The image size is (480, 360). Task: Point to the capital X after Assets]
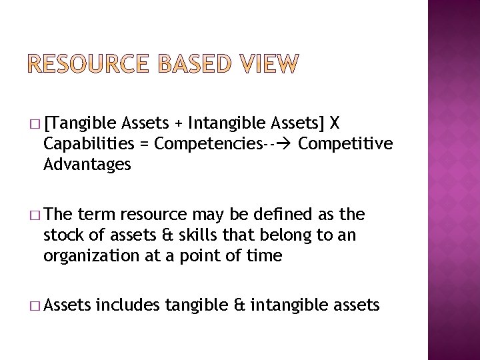coord(335,123)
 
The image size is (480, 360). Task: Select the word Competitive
coord(345,143)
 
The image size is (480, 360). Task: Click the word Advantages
coord(87,164)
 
